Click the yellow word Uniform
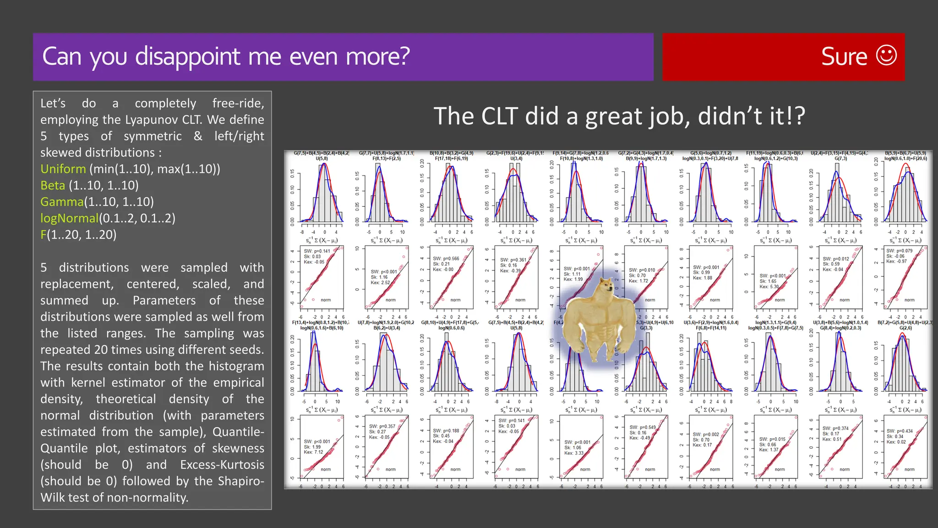tap(63, 169)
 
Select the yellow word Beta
tap(53, 186)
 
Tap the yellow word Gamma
tap(62, 202)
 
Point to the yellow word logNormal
tap(69, 218)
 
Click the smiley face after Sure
tap(886, 56)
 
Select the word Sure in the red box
tap(844, 57)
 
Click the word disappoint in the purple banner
tap(188, 57)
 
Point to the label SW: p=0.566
tap(446, 258)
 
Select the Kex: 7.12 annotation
tap(314, 452)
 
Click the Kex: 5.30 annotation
tap(769, 286)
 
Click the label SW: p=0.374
tap(835, 429)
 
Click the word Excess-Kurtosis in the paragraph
tap(222, 465)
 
